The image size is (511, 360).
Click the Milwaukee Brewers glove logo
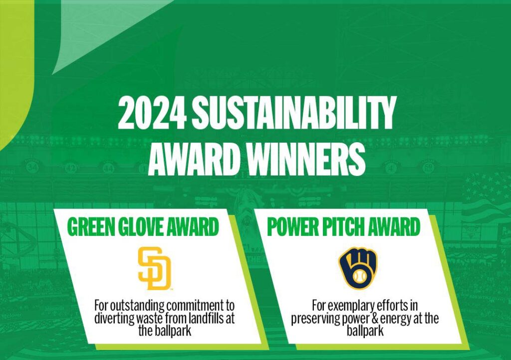point(357,268)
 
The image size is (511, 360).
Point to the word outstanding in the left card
point(137,306)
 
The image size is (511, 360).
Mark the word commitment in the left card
point(194,306)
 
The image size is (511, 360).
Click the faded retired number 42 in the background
point(71,168)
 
